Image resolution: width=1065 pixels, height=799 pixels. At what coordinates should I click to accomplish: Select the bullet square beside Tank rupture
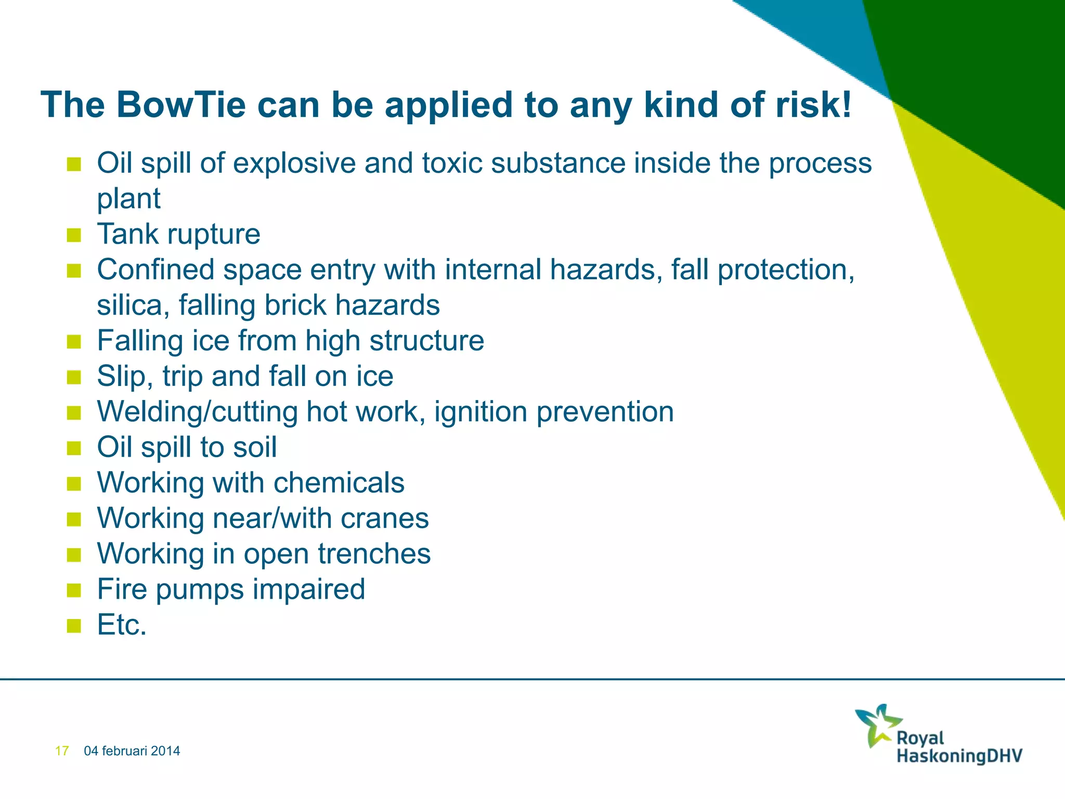click(74, 235)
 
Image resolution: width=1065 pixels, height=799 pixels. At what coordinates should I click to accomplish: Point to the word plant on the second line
click(128, 199)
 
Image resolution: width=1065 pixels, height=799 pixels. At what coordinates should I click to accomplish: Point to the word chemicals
click(339, 483)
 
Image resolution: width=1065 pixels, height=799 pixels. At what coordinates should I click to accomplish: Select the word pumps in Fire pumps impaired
click(200, 590)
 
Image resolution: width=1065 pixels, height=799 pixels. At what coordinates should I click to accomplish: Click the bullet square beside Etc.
click(74, 625)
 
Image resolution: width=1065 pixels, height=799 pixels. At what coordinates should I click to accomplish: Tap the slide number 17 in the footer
click(62, 751)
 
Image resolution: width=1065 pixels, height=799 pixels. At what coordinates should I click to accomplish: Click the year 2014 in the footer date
click(166, 751)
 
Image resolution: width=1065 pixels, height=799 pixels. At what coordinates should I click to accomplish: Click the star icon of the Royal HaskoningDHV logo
click(877, 725)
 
